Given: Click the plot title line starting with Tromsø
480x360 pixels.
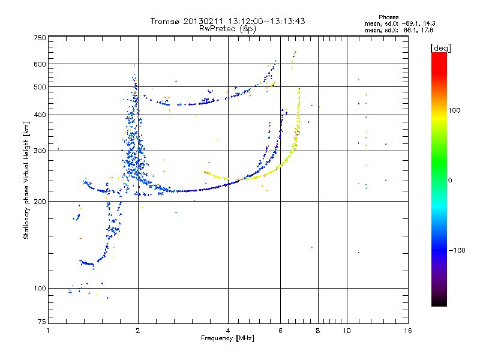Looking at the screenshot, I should (227, 21).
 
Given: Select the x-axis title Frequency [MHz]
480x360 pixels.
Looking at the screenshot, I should (227, 338).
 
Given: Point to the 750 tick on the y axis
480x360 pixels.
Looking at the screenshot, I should (40, 38).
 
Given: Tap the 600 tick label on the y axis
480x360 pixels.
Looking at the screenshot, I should (40, 64).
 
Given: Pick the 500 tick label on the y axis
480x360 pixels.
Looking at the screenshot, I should (40, 87).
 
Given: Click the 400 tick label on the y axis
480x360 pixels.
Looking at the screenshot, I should (40, 115).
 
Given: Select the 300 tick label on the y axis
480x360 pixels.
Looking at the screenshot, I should (40, 151).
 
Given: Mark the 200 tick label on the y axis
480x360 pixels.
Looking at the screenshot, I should (40, 202).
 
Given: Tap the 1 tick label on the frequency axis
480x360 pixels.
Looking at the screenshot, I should (48, 331).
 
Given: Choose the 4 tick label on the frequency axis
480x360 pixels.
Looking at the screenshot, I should (228, 331).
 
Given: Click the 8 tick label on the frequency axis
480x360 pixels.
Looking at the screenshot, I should (318, 331).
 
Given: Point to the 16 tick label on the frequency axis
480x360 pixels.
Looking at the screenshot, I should (407, 331).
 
